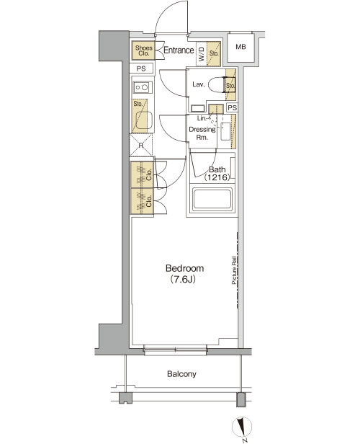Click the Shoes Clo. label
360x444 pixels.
[144, 50]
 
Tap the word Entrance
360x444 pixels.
[179, 50]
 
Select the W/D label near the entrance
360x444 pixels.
[202, 54]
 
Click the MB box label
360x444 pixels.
[240, 47]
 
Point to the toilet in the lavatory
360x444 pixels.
[216, 84]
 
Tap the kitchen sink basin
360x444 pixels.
[144, 120]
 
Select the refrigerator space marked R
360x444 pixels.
[141, 146]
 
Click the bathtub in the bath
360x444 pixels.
[212, 200]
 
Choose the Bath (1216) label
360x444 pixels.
[217, 174]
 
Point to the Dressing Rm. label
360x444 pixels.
[202, 133]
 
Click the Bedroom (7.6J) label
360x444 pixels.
[184, 274]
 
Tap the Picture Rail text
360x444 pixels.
[234, 270]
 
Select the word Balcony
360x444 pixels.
[181, 374]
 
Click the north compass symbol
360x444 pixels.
[242, 427]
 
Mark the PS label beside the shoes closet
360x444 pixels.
[141, 68]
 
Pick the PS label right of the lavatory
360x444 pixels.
[232, 108]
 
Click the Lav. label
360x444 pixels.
[199, 84]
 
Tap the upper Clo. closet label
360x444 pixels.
[149, 174]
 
